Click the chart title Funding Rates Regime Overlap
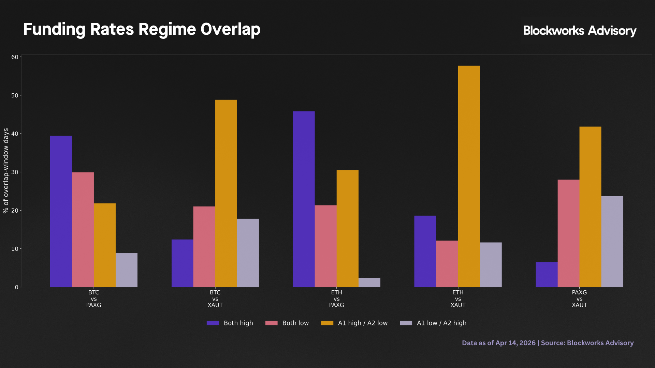click(x=142, y=29)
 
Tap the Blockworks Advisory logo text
click(x=579, y=31)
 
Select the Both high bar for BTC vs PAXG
click(x=61, y=211)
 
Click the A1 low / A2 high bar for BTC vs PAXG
click(x=127, y=270)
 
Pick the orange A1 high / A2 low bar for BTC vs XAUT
click(x=226, y=193)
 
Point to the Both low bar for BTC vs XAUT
click(x=204, y=247)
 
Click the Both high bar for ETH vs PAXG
click(x=304, y=199)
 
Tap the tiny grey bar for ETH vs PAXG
click(x=369, y=282)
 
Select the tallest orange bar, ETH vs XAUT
click(x=469, y=176)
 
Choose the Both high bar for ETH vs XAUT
click(x=425, y=251)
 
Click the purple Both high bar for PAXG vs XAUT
click(x=547, y=274)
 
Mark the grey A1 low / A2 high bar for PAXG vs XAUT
click(x=612, y=241)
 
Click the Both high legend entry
click(x=230, y=323)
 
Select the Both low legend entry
click(x=287, y=323)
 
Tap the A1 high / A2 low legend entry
click(x=354, y=323)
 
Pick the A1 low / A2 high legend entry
click(x=433, y=323)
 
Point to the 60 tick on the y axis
click(x=15, y=57)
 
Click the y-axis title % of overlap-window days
click(x=6, y=171)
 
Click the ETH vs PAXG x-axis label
click(x=336, y=298)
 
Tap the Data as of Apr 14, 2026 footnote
click(x=548, y=343)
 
